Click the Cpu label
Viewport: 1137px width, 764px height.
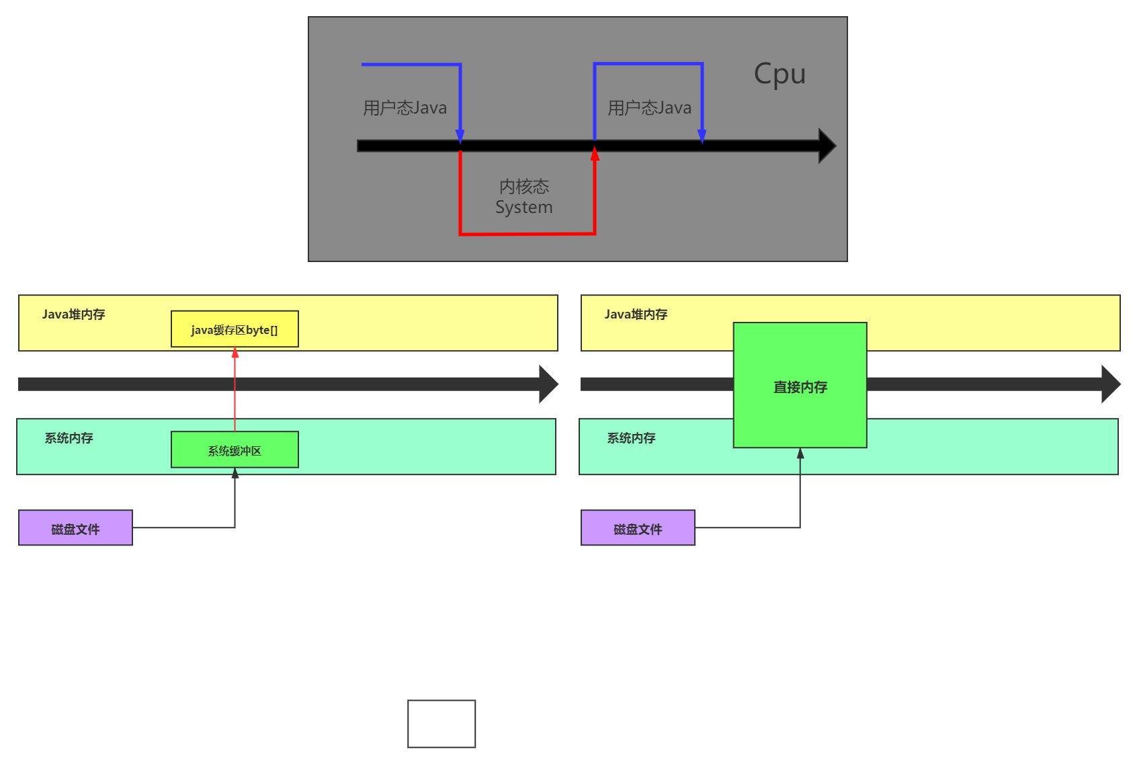[780, 74]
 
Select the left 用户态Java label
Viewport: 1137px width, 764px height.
[405, 108]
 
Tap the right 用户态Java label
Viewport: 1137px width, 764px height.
[649, 108]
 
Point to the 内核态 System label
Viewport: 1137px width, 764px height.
[524, 197]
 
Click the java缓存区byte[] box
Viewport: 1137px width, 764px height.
[235, 329]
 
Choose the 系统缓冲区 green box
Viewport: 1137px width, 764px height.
[235, 450]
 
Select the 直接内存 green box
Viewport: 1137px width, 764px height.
[800, 386]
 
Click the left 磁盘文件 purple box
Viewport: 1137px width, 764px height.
[75, 528]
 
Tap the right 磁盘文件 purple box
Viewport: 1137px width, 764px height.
[638, 528]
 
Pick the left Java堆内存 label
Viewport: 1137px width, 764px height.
[73, 314]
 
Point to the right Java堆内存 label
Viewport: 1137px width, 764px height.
[636, 314]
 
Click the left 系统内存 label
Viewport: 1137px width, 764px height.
[69, 438]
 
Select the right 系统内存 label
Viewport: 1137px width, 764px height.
[631, 438]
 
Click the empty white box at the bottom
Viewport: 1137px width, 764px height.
[441, 724]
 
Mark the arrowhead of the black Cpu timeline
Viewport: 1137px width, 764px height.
[827, 146]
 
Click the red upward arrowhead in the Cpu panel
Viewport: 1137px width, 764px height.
[595, 155]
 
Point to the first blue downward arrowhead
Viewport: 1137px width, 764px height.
[460, 136]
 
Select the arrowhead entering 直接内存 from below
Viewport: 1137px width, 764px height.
[800, 454]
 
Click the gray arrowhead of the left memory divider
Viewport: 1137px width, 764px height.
[548, 384]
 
